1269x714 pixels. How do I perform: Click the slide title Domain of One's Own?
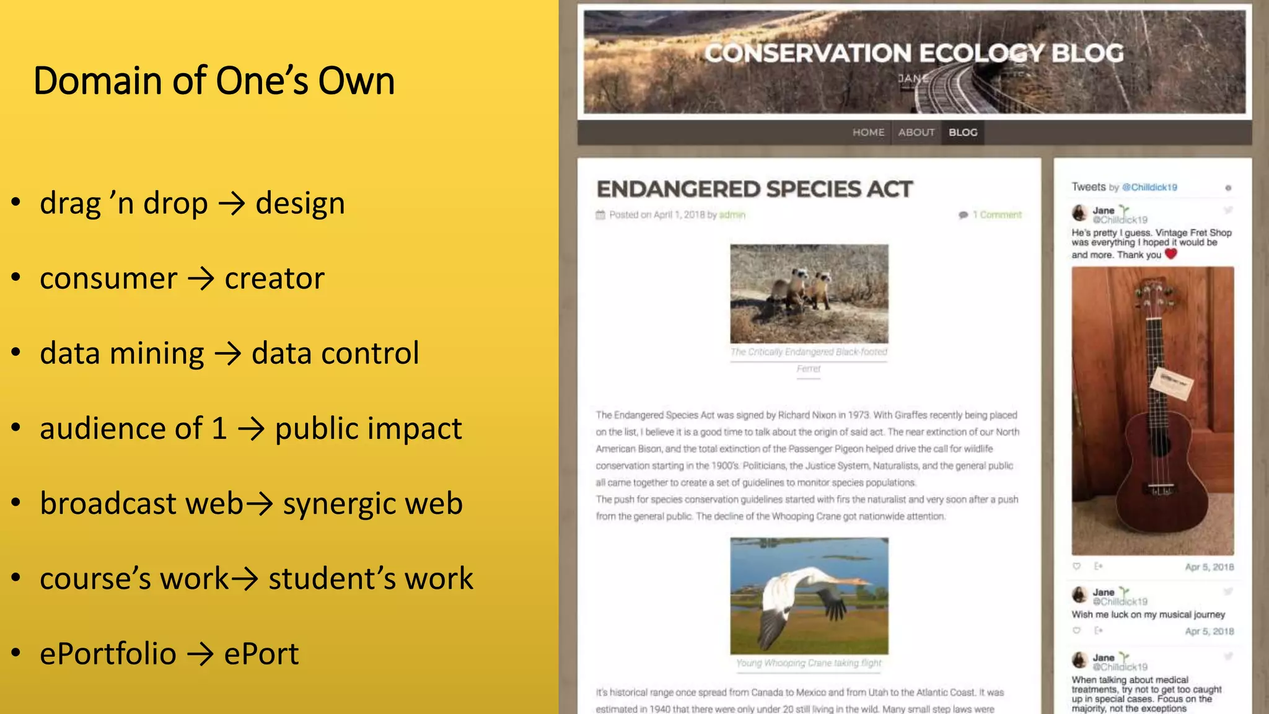click(214, 81)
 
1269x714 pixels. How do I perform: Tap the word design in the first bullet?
click(300, 204)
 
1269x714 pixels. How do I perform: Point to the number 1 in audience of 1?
click(219, 429)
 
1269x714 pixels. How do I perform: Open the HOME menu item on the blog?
click(868, 133)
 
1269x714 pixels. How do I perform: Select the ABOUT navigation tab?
click(916, 133)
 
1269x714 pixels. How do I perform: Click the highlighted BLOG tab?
click(963, 133)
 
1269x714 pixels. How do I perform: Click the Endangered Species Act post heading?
click(754, 189)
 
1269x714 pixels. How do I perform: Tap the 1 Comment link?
click(996, 215)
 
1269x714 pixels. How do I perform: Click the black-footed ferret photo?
click(809, 293)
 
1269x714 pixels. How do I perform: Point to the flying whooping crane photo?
click(809, 596)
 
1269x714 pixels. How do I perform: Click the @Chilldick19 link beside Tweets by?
click(1149, 187)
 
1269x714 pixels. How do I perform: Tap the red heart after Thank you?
click(1170, 253)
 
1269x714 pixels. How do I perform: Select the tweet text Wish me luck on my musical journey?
click(1148, 615)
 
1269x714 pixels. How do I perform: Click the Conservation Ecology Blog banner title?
click(914, 53)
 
